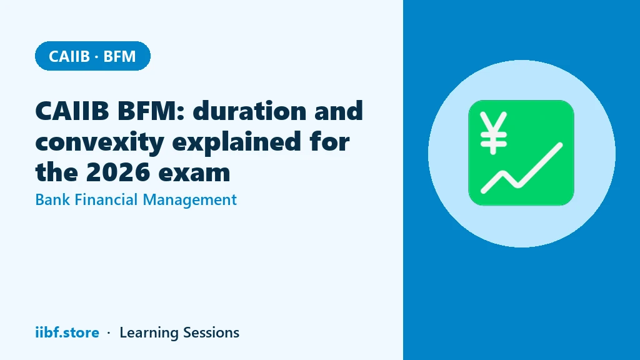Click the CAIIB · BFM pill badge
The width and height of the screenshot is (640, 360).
92,56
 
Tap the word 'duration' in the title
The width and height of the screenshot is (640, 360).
249,111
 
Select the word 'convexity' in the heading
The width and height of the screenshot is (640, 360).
99,142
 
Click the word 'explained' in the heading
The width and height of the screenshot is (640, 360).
237,142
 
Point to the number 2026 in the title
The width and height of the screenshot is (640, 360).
117,172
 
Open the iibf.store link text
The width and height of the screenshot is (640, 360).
67,332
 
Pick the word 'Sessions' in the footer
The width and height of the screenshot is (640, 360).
211,332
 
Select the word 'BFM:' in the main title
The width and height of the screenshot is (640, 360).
151,111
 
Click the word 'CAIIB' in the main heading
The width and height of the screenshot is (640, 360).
72,111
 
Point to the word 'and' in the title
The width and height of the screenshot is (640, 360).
338,111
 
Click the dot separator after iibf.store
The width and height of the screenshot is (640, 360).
109,333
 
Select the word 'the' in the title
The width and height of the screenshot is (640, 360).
57,172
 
